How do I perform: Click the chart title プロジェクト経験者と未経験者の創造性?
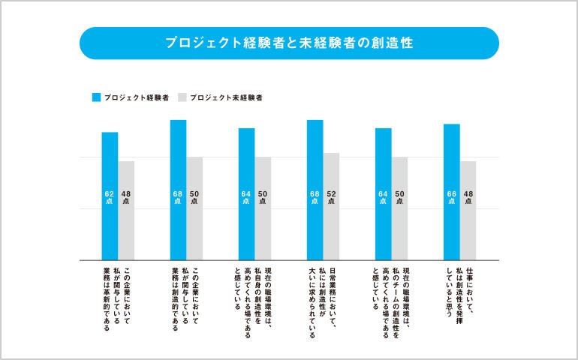click(289, 43)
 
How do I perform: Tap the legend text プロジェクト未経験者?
click(226, 97)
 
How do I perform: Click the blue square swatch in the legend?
click(96, 97)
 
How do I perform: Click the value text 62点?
click(110, 197)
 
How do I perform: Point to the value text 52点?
click(331, 197)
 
